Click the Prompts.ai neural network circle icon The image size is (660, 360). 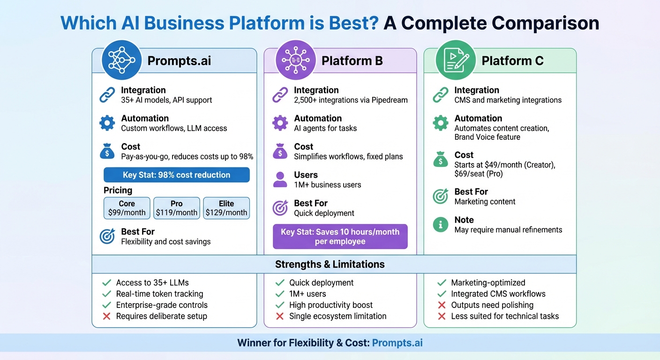[121, 60]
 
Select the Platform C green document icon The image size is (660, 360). [456, 60]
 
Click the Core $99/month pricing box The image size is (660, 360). [127, 208]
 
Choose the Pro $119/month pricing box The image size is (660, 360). [177, 208]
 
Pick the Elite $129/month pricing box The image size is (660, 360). [226, 208]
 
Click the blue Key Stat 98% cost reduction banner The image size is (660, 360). [176, 175]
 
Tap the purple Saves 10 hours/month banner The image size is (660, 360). [340, 237]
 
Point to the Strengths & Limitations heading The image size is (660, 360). [330, 264]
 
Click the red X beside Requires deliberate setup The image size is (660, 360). [107, 316]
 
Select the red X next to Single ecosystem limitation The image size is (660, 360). [280, 316]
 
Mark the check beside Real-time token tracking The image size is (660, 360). [107, 294]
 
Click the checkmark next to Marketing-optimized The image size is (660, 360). [441, 283]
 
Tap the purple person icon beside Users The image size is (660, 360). [280, 180]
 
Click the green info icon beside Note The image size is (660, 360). [440, 225]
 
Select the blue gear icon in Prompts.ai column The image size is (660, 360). [107, 123]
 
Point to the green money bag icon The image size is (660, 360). [440, 160]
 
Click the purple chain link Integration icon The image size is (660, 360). [280, 95]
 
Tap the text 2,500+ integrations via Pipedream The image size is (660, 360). [351, 100]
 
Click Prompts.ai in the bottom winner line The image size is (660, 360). [397, 343]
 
